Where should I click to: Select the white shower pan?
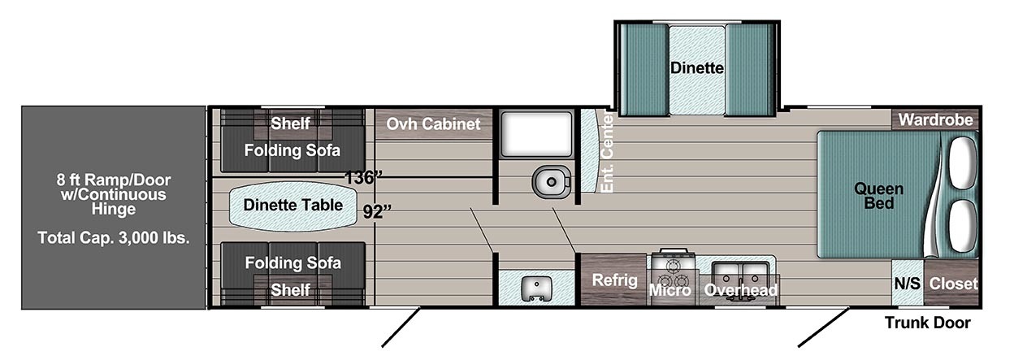(536, 134)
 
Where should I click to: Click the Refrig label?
(614, 280)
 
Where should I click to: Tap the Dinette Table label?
(292, 205)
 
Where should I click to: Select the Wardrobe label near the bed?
(935, 120)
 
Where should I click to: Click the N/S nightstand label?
(908, 284)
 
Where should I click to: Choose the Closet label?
(953, 284)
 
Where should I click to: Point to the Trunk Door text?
(928, 323)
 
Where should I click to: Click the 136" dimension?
(363, 177)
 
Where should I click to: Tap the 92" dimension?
(377, 211)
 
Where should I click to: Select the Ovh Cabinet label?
(433, 124)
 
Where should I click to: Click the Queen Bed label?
(878, 196)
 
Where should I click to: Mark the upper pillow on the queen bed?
(962, 162)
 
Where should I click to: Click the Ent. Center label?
(606, 153)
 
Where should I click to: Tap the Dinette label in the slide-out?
(696, 68)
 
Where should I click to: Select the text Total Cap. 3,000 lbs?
(113, 238)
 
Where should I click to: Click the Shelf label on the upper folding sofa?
(290, 124)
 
